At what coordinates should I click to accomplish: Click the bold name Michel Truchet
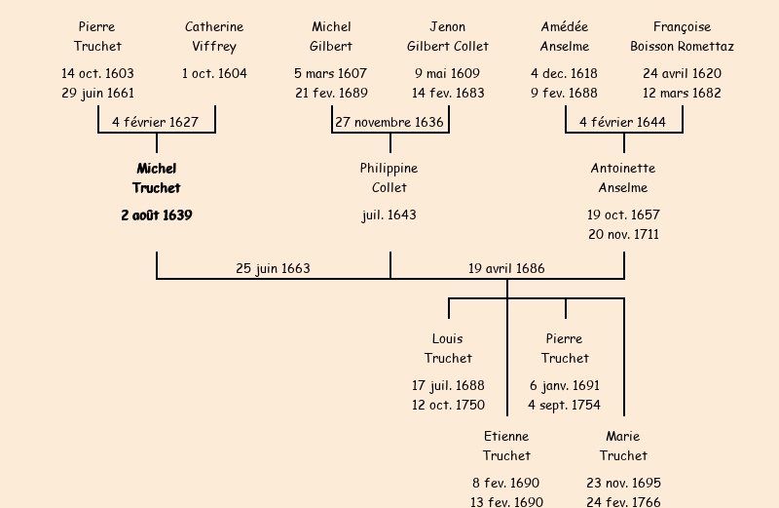[157, 178]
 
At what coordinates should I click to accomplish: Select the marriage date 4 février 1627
[156, 123]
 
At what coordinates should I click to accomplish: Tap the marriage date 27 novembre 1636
[389, 123]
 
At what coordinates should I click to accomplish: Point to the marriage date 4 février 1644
[623, 123]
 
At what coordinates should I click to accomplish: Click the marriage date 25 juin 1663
[273, 269]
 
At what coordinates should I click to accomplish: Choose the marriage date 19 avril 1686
[506, 269]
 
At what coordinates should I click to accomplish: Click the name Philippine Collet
[389, 178]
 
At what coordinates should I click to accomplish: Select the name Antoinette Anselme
[623, 178]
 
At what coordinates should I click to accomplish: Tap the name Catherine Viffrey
[214, 37]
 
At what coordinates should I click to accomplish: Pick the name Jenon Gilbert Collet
[448, 37]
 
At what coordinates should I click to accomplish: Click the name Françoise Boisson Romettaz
[682, 37]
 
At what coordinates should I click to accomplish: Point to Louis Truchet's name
[448, 349]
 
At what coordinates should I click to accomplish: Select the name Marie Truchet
[623, 447]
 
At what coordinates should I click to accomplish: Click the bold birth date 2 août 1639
[157, 215]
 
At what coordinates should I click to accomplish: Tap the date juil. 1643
[389, 215]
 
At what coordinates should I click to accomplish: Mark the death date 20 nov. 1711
[623, 235]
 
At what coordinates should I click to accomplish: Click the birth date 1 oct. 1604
[214, 74]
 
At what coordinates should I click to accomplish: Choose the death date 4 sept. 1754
[565, 406]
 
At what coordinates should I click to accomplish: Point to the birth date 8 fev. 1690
[506, 484]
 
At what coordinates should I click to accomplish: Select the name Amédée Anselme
[565, 37]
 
